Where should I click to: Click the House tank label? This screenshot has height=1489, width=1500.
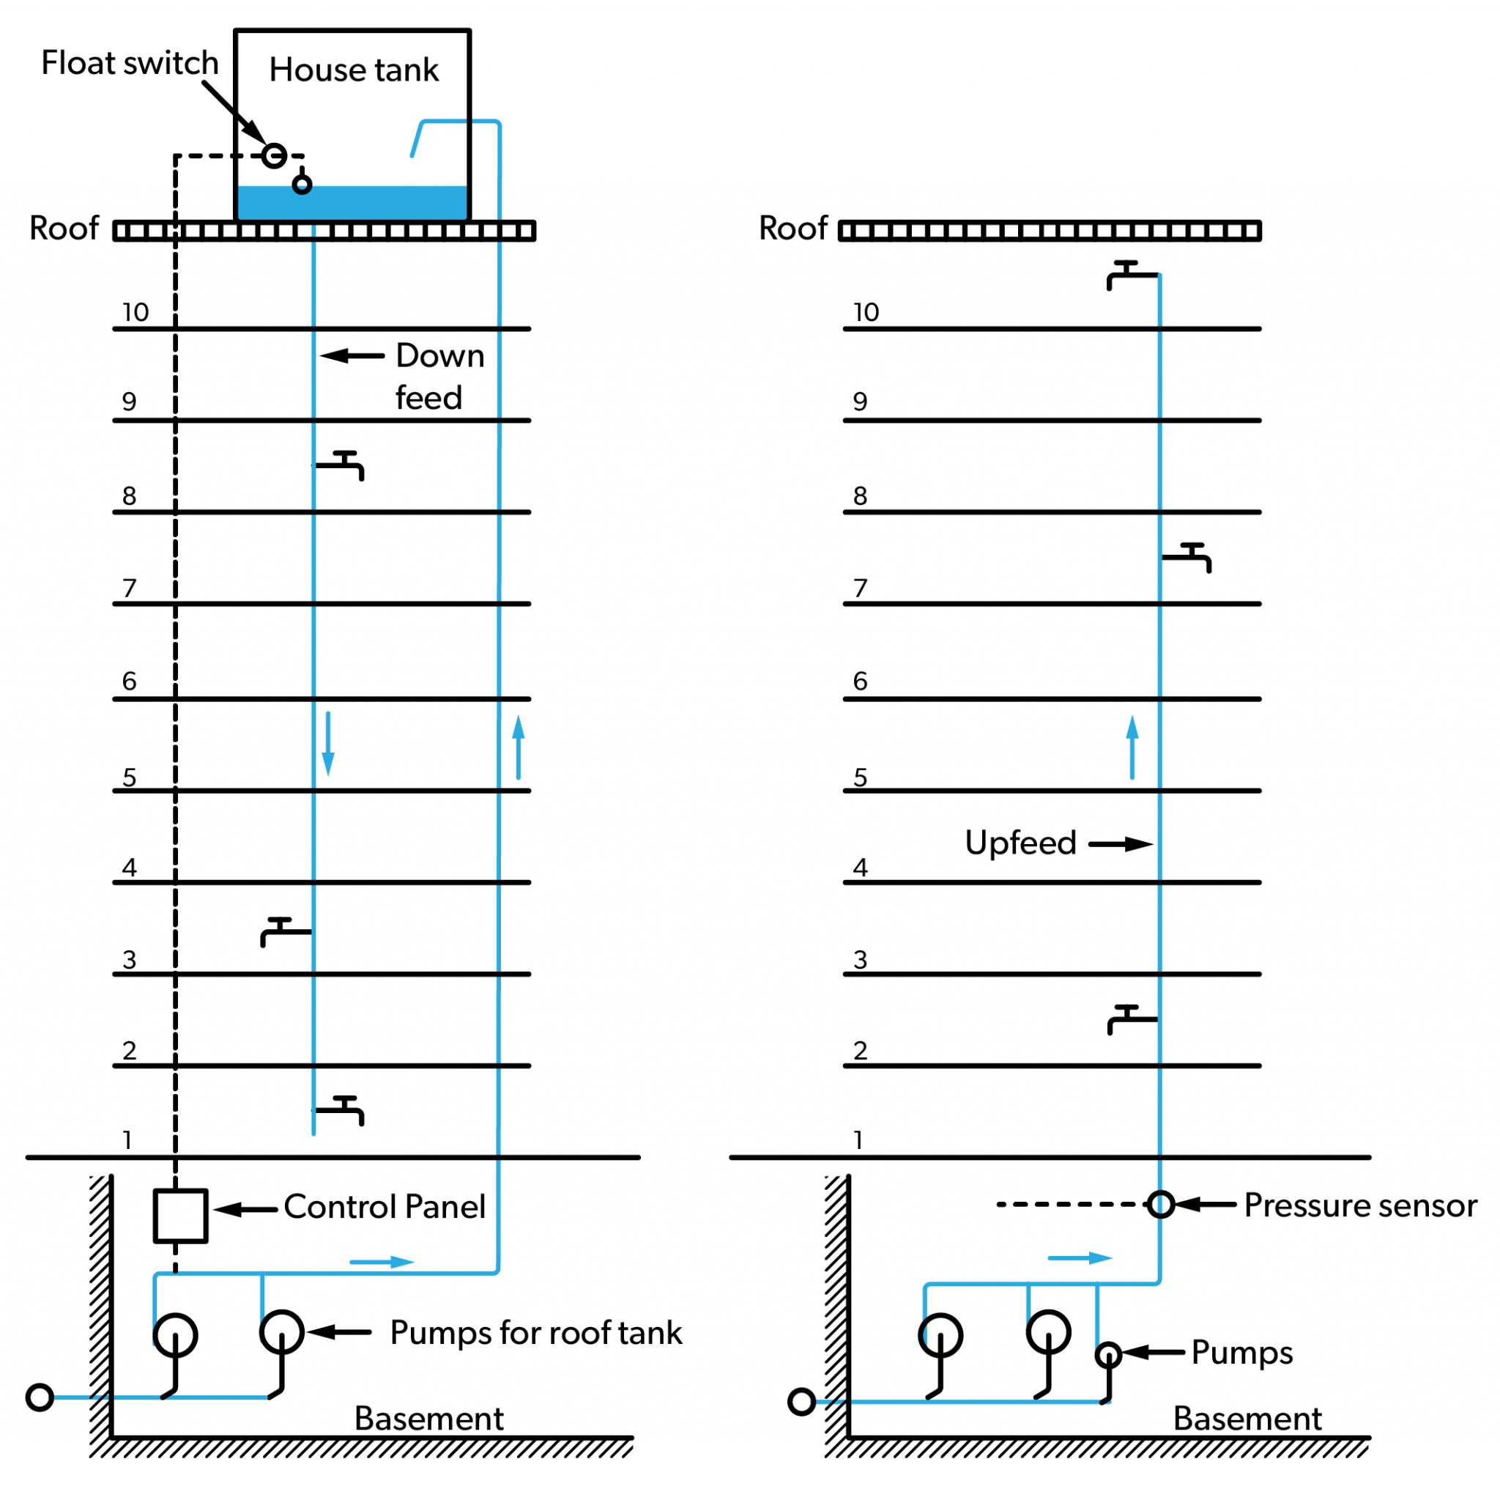353,70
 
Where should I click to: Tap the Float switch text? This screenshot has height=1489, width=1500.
130,63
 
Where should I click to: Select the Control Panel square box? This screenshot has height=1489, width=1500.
180,1216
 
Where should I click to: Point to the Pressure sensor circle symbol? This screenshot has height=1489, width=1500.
1161,1205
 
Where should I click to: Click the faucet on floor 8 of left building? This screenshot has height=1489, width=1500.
342,465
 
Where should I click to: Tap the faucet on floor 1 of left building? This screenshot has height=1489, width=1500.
342,1110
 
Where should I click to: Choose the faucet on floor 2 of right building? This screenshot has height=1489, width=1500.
1129,1019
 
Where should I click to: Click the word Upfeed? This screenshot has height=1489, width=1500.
1020,843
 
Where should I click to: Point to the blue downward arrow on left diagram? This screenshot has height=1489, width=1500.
328,744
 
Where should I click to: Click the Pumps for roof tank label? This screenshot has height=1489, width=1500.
535,1333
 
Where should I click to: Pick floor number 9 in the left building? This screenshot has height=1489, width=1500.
130,402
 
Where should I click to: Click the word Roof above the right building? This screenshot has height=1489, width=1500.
792,229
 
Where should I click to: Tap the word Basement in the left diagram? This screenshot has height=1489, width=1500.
428,1419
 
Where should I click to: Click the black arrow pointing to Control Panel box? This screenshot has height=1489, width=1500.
245,1209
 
